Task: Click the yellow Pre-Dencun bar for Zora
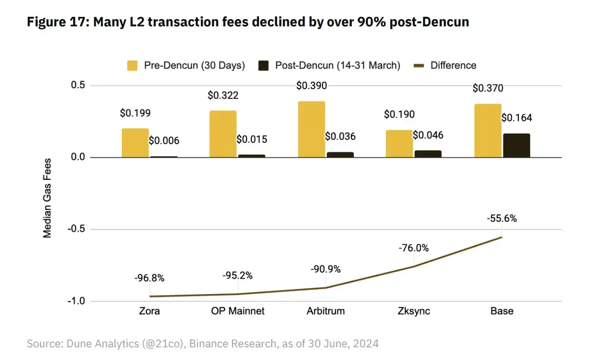[135, 143]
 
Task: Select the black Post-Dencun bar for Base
[516, 145]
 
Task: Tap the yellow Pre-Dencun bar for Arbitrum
[311, 129]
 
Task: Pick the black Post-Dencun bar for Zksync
[428, 154]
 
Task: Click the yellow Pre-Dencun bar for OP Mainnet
[223, 134]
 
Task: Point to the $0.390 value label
[311, 85]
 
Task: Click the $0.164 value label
[517, 118]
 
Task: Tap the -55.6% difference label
[502, 218]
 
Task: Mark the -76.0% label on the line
[414, 248]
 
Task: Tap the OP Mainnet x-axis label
[238, 311]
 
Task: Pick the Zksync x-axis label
[414, 311]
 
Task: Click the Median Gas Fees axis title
[47, 198]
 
